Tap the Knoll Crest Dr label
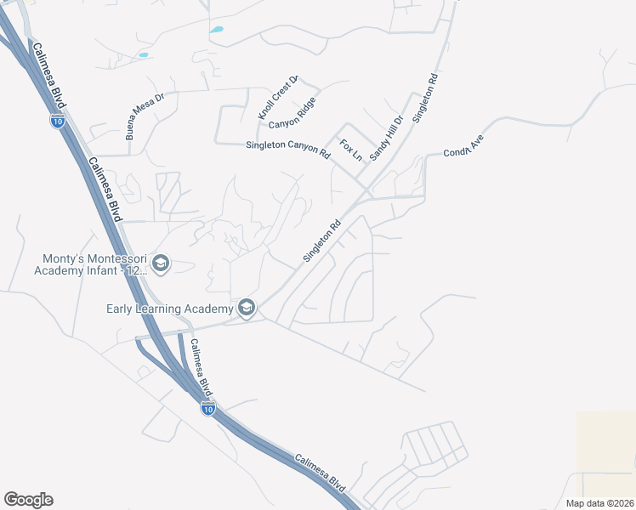coord(279,98)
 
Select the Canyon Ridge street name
coord(292,113)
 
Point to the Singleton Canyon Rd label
coord(287,150)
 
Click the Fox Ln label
coord(350,150)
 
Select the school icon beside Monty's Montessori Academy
coord(162,264)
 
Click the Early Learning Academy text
coord(170,308)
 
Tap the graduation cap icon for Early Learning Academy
coord(247,308)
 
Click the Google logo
coord(28,500)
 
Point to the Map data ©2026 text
coord(600,503)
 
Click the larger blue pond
coord(217,30)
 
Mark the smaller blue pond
coord(143,55)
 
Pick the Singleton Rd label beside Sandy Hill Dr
coord(425,100)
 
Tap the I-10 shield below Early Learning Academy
coord(208,409)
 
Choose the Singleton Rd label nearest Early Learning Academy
coord(321,241)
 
